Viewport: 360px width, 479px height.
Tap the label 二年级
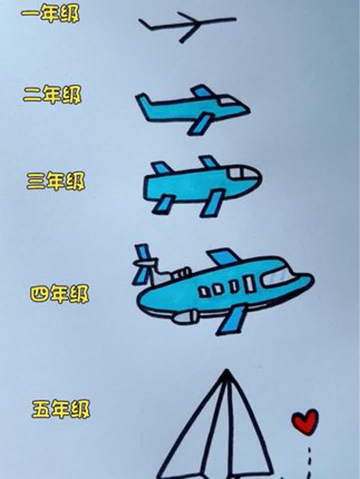tap(52, 94)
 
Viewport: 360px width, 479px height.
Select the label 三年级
tap(55, 182)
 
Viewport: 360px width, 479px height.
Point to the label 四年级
tap(59, 294)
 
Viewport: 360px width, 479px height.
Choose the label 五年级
tap(61, 409)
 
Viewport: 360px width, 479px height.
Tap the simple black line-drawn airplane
tap(187, 25)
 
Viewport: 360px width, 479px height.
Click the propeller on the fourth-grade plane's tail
tap(143, 264)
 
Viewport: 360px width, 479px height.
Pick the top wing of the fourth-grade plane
tap(223, 256)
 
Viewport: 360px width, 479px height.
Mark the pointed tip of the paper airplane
tap(227, 372)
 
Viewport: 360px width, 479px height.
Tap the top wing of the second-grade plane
tap(201, 91)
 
